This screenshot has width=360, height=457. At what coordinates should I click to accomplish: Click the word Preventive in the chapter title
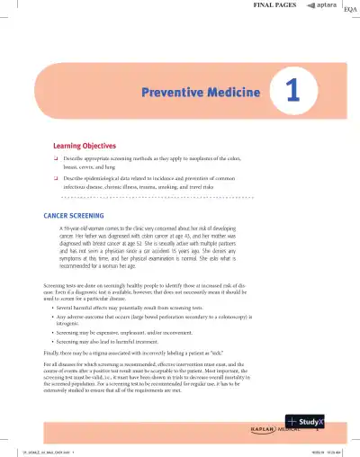coord(173,92)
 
